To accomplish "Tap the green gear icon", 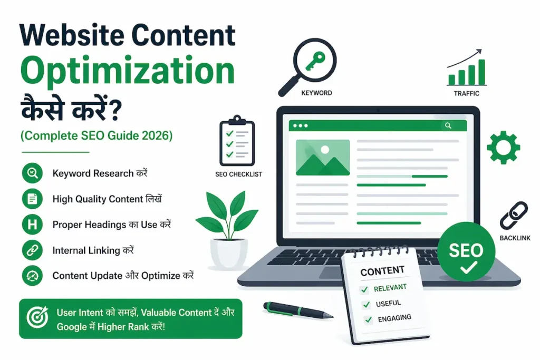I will pyautogui.click(x=503, y=147).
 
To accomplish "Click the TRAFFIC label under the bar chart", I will pyautogui.click(x=466, y=93).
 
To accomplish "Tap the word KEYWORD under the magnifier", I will pyautogui.click(x=316, y=93).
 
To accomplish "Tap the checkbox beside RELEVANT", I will pyautogui.click(x=364, y=289).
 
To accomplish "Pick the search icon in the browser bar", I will pyautogui.click(x=448, y=125).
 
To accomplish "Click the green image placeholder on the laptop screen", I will pyautogui.click(x=322, y=157).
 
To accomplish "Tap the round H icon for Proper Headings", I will pyautogui.click(x=32, y=225).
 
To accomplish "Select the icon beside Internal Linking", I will pyautogui.click(x=32, y=250).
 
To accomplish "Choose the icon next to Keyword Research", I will pyautogui.click(x=32, y=173).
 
